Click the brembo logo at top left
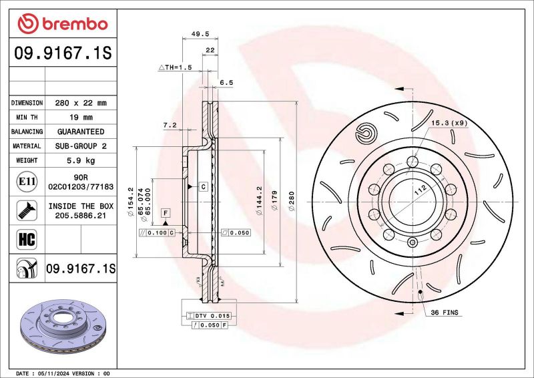[x=62, y=24]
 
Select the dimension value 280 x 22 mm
[x=80, y=103]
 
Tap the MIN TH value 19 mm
[x=80, y=118]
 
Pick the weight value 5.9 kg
[x=80, y=160]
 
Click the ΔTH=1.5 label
[x=175, y=68]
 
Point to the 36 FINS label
[x=444, y=313]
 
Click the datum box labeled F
[x=165, y=212]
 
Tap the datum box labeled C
[x=203, y=186]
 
